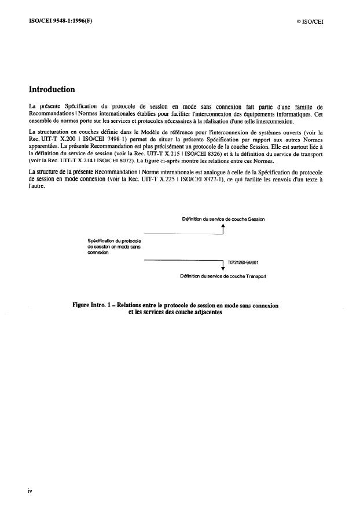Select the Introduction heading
(x=52, y=90)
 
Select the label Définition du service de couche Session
(x=223, y=218)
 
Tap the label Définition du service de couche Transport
(x=223, y=277)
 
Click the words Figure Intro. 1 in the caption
(x=90, y=305)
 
